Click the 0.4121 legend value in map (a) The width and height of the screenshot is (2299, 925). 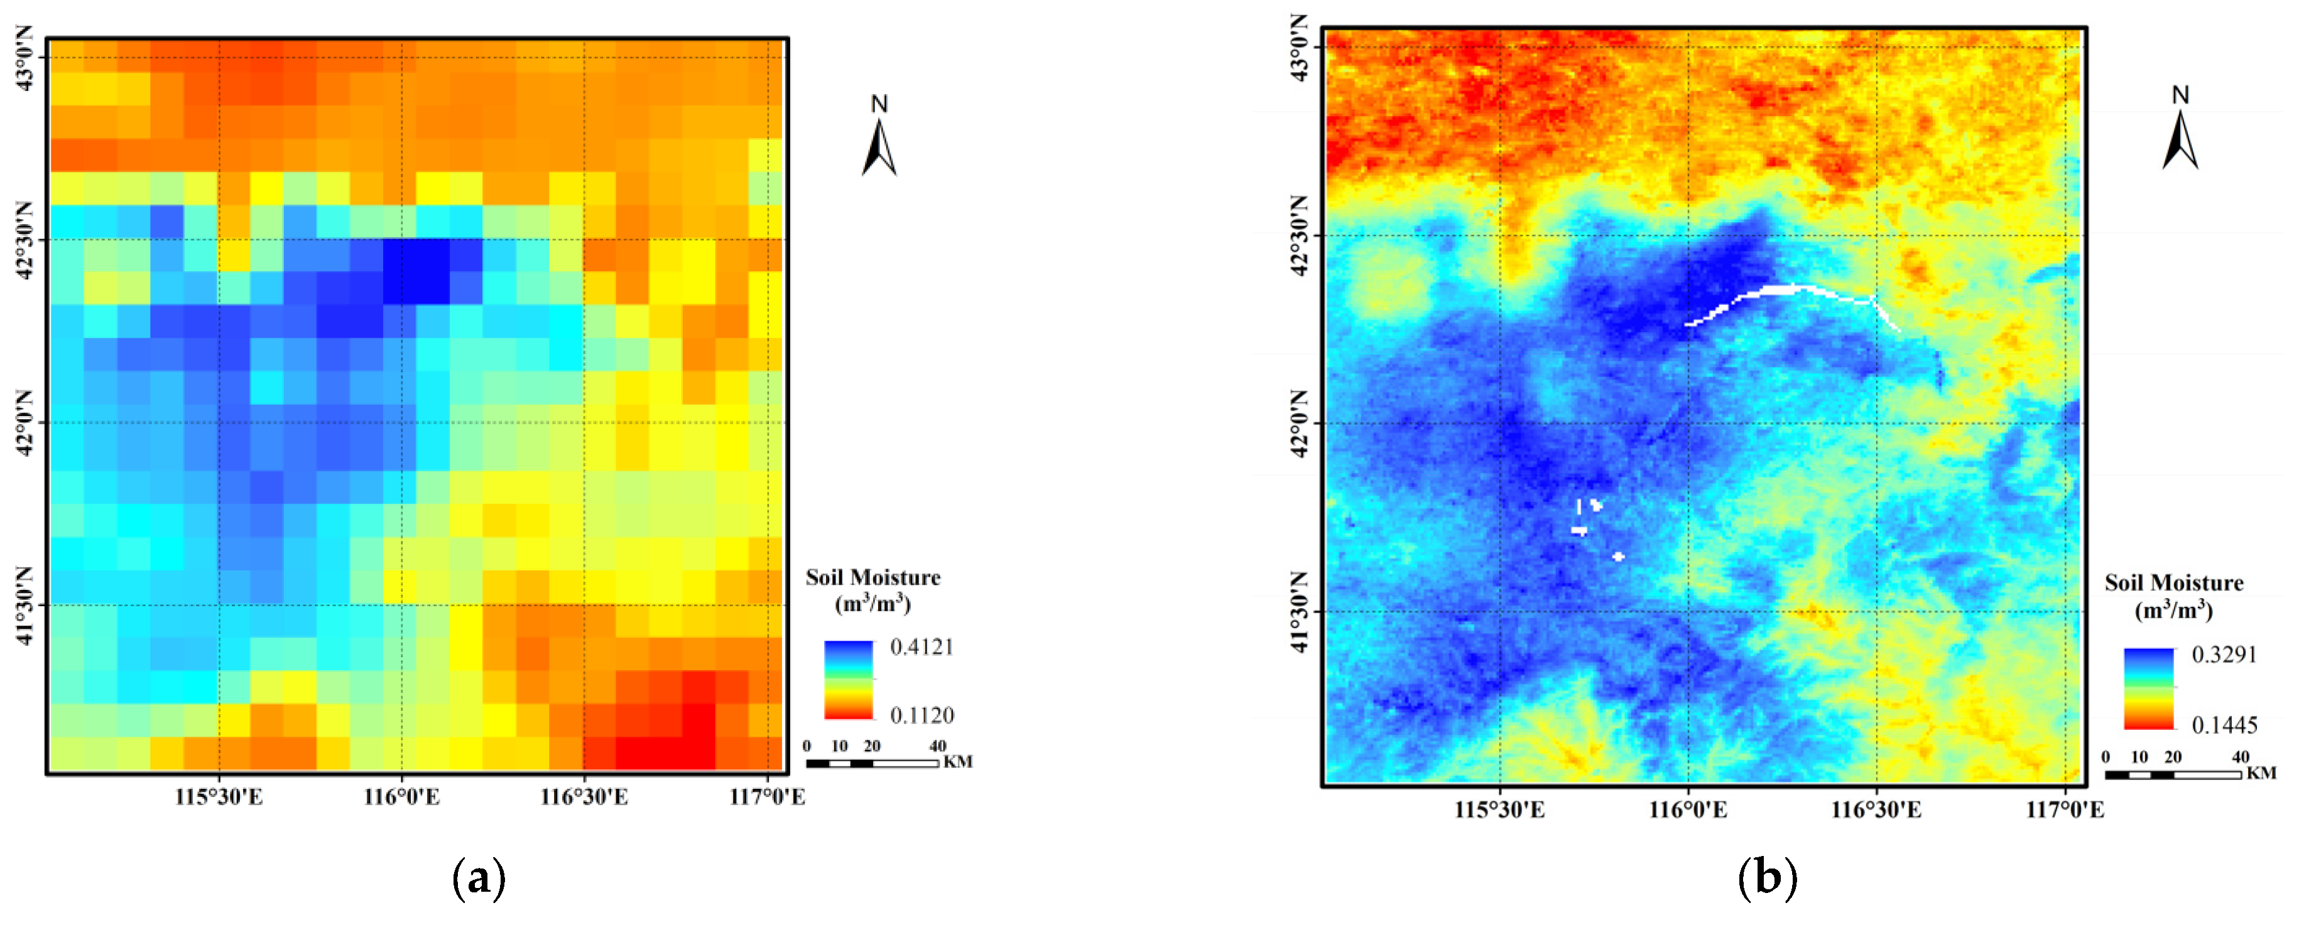click(921, 647)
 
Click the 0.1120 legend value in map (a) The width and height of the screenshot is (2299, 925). click(921, 715)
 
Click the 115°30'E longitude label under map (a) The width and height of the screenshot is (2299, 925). click(219, 796)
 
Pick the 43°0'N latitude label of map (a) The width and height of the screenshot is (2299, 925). click(25, 58)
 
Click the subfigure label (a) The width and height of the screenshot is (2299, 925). click(479, 878)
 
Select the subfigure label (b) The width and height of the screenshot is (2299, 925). click(1766, 878)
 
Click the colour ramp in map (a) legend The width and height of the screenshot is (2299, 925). click(848, 680)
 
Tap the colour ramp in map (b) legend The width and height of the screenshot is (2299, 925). click(2148, 688)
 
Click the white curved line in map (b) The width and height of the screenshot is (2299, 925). click(1785, 290)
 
